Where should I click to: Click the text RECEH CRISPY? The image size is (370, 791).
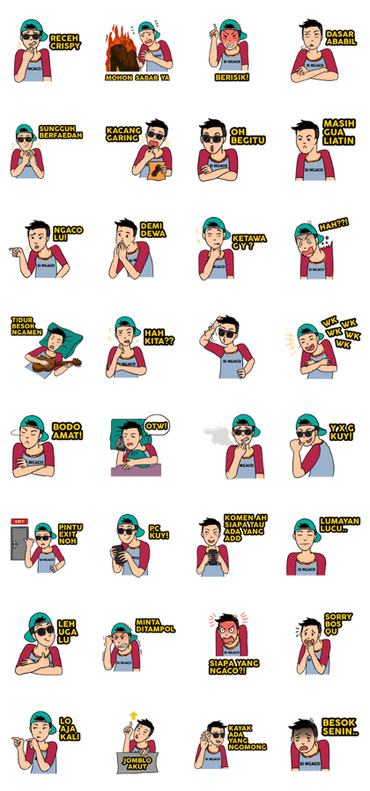65,41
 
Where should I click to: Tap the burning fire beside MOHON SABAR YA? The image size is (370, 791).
120,49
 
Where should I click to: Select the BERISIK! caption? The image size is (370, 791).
232,78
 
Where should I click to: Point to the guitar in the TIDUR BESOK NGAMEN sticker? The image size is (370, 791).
56,363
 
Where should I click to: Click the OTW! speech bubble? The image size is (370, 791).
156,426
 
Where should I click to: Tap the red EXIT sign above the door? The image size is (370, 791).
19,521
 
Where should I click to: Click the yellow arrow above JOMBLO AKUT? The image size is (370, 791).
134,715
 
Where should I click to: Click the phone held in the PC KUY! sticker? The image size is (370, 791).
118,554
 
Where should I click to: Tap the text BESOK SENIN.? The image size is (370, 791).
340,727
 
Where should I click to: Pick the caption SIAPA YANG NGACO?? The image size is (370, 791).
234,667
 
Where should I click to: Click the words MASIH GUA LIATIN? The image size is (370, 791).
339,132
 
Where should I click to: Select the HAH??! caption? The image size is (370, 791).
334,225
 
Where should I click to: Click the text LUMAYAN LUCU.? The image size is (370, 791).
340,526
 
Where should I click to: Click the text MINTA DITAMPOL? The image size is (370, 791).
155,626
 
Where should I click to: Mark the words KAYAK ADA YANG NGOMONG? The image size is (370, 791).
247,737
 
